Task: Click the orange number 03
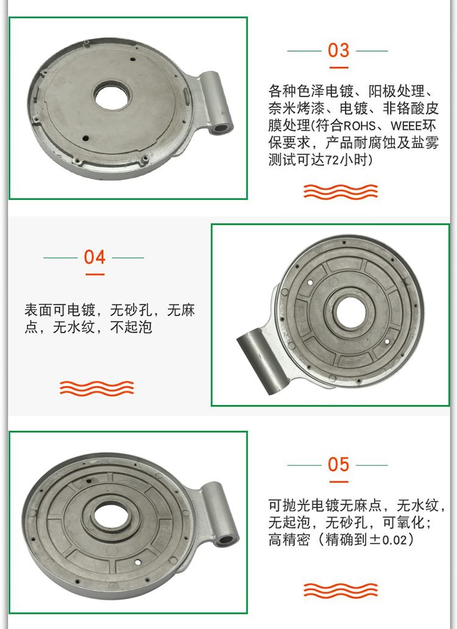tap(338, 51)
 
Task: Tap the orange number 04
tap(94, 257)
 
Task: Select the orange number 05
tap(338, 464)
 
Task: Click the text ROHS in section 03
tap(360, 126)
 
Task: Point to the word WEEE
tap(406, 126)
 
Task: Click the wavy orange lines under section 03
tap(341, 192)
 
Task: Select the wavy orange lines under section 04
tap(97, 388)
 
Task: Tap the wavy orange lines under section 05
tap(341, 591)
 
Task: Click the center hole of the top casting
tap(112, 96)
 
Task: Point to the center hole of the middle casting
tap(351, 313)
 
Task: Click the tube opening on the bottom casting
tap(227, 539)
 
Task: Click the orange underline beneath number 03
tap(338, 68)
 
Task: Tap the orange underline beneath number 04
tap(95, 274)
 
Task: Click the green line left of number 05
tap(304, 465)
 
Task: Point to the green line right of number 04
tap(128, 258)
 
